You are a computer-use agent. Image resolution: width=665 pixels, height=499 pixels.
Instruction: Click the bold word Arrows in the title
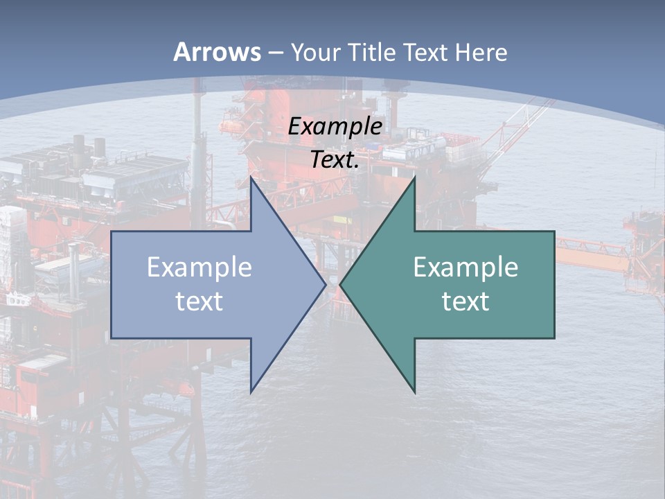218,52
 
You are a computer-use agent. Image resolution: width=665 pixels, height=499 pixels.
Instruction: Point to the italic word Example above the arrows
335,126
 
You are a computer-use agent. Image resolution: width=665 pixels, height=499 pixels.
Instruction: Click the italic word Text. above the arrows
335,160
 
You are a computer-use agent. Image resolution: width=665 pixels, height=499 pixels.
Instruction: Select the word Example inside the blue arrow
199,267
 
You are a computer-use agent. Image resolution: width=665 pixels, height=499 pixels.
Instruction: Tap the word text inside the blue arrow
199,301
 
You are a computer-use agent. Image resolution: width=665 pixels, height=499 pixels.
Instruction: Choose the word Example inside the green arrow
465,267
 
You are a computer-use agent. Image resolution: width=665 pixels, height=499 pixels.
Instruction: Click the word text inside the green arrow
465,301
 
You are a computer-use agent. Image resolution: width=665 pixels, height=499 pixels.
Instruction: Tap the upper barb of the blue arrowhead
251,182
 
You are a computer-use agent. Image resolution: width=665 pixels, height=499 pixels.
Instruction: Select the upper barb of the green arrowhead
414,182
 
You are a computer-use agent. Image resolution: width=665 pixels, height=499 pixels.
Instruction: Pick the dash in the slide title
275,53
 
